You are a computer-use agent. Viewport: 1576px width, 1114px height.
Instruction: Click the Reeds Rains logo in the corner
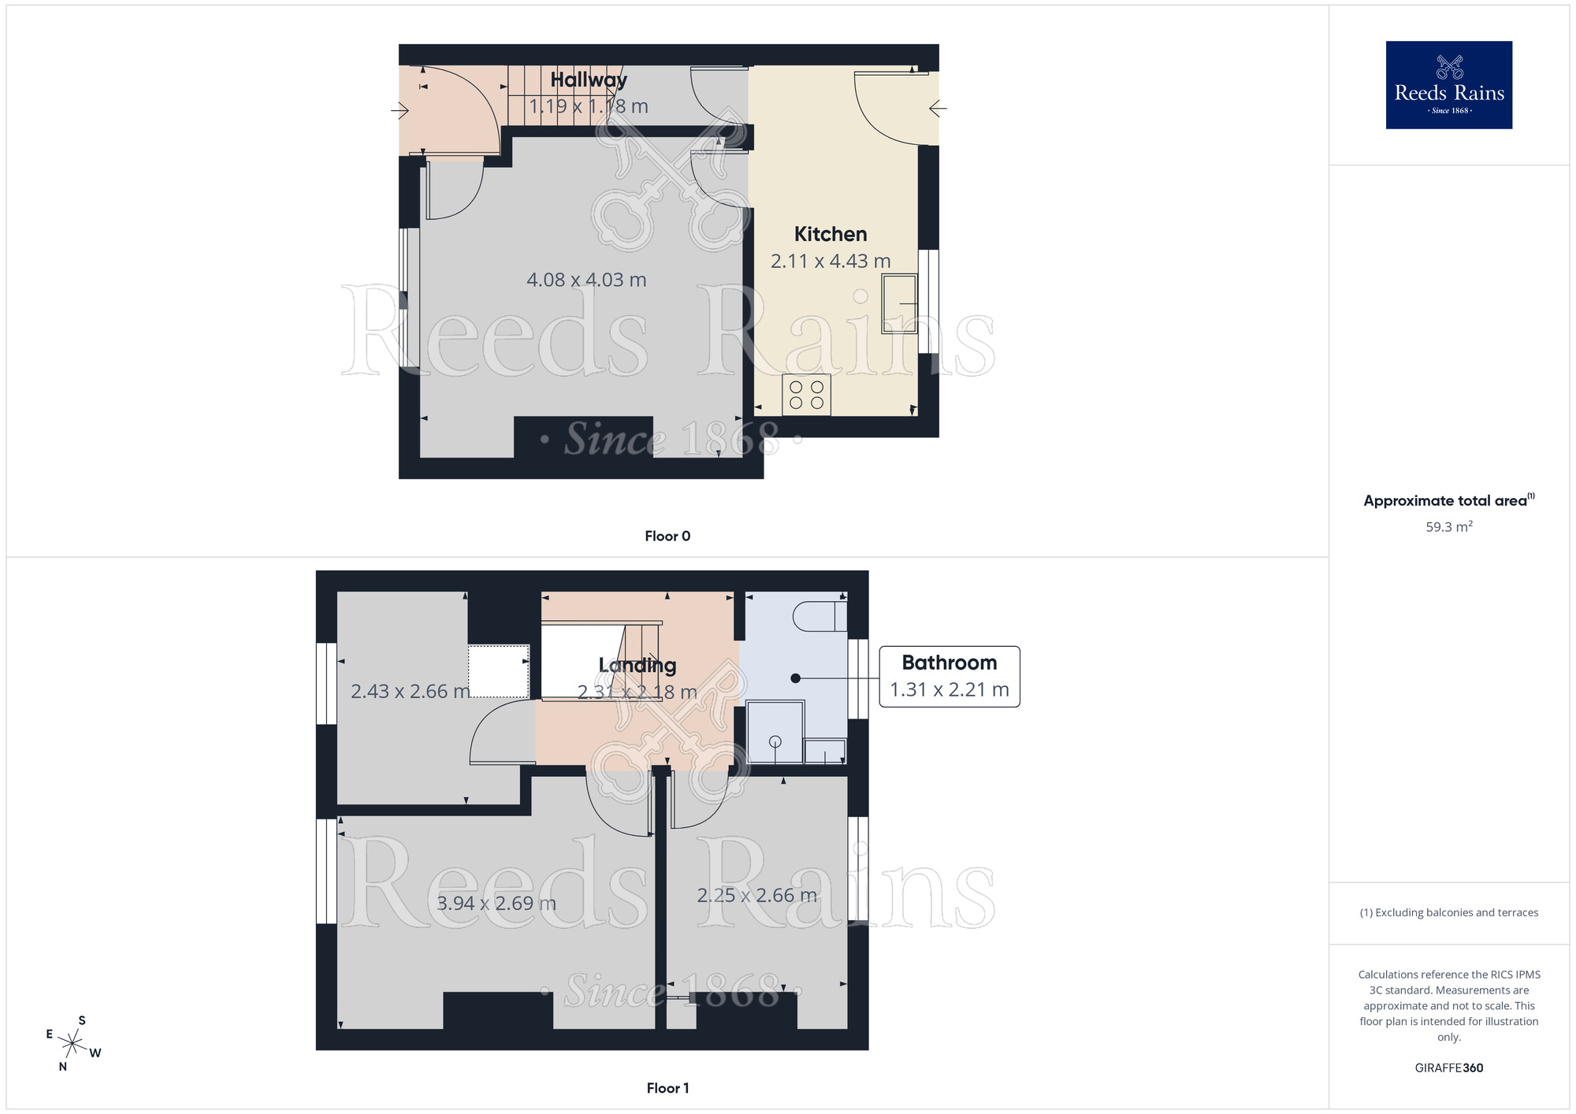coord(1448,85)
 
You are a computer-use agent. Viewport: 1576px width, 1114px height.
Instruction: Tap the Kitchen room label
coord(831,234)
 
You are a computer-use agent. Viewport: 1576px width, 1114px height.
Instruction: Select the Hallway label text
coord(589,80)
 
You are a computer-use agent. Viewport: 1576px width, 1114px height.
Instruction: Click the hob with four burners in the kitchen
coord(806,395)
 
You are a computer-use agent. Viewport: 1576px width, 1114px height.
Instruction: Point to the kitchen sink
coord(899,303)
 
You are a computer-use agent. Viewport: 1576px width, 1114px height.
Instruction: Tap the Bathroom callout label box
coord(949,677)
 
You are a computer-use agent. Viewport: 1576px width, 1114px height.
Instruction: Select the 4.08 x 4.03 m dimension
coord(586,280)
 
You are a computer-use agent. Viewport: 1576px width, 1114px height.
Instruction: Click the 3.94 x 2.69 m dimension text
coord(496,903)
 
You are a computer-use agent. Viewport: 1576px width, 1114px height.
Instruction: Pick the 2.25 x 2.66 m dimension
coord(756,895)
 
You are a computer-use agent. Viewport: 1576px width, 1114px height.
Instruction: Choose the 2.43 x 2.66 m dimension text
coord(410,691)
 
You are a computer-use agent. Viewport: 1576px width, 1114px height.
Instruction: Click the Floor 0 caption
coord(667,536)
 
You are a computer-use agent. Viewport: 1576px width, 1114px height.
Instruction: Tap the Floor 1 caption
coord(667,1088)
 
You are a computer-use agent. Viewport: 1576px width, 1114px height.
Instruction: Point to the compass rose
coord(72,1044)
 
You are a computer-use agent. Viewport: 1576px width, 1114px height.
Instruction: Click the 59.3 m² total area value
coord(1448,526)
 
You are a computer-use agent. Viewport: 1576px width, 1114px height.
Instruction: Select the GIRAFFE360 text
coord(1448,1068)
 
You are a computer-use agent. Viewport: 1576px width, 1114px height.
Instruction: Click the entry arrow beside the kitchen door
coord(938,109)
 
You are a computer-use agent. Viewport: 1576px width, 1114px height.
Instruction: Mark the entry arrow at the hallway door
coord(400,110)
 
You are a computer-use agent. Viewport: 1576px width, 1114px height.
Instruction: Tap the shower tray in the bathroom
coord(775,733)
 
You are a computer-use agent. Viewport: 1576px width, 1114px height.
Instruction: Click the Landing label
coord(637,666)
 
